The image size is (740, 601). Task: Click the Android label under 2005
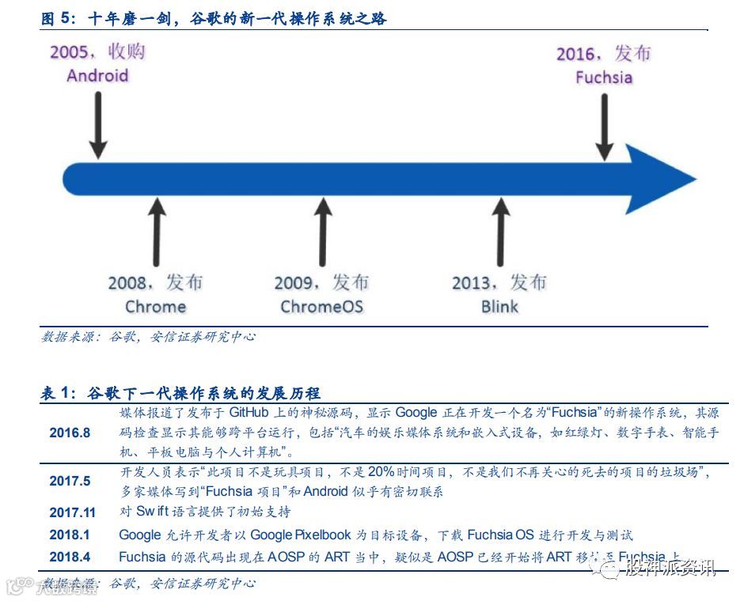pos(97,76)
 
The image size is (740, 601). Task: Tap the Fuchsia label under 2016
pos(603,77)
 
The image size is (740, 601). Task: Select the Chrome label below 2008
pos(155,307)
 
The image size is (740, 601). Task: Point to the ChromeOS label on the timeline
pos(321,307)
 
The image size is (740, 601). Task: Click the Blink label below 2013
pos(499,307)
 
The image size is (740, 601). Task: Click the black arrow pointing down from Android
pos(97,123)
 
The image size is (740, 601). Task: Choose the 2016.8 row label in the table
pos(70,433)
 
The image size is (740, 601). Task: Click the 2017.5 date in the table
pos(70,481)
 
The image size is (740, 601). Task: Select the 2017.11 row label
pos(72,512)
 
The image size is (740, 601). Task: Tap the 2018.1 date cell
pos(70,535)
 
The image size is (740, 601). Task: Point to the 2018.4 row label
pos(70,557)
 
